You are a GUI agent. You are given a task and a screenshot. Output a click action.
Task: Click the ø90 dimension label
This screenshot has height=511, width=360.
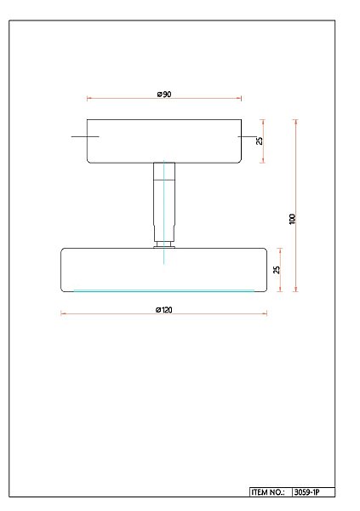tap(164, 94)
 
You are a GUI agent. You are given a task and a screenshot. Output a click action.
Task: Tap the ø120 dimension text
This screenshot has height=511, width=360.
tap(164, 308)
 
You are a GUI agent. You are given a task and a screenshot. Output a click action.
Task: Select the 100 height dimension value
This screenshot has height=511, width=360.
tap(292, 218)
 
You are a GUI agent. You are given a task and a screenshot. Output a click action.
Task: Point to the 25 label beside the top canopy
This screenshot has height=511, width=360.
tap(260, 141)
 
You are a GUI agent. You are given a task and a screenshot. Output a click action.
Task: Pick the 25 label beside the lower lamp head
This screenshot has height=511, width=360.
tap(276, 269)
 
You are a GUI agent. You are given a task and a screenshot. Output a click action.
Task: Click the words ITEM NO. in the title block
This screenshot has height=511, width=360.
tap(268, 492)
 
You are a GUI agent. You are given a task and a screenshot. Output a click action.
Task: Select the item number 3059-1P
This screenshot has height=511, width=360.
tap(311, 492)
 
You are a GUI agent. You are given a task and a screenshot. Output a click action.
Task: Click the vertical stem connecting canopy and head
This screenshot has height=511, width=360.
tap(164, 200)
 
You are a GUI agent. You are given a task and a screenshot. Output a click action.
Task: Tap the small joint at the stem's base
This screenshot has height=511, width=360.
tap(164, 245)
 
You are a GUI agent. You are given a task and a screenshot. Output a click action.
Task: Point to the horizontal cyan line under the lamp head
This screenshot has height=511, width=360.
tap(164, 290)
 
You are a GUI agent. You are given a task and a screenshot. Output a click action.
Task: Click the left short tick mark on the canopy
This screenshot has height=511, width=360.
tap(85, 136)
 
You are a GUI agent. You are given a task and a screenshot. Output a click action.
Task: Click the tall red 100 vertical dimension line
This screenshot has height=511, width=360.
tap(296, 170)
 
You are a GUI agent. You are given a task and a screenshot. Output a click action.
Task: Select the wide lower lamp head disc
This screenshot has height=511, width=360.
tap(111, 268)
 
